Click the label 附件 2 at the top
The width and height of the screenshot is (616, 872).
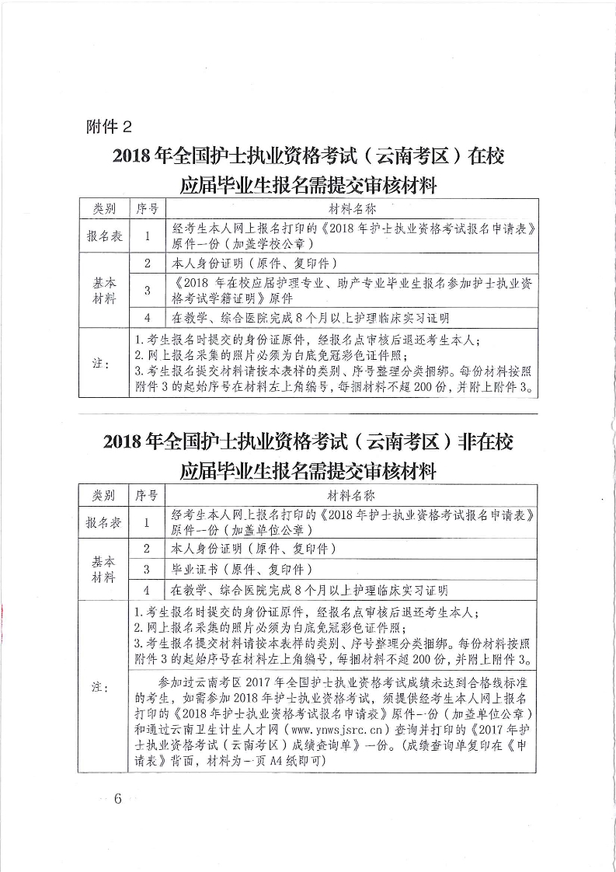(x=112, y=127)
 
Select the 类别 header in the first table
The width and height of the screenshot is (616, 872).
(x=104, y=209)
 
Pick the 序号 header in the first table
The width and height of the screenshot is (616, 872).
(x=148, y=209)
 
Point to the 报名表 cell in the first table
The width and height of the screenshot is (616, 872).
(x=104, y=235)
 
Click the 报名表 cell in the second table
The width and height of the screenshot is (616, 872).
(x=104, y=522)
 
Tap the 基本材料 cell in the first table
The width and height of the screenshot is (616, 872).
(x=104, y=290)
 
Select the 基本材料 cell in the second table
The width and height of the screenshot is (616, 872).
(x=104, y=570)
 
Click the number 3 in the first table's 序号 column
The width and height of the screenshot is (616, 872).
(x=147, y=291)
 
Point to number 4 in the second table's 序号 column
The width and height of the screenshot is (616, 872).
(x=146, y=590)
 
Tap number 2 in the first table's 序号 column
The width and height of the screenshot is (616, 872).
(x=147, y=263)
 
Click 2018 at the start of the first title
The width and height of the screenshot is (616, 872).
(x=133, y=156)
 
